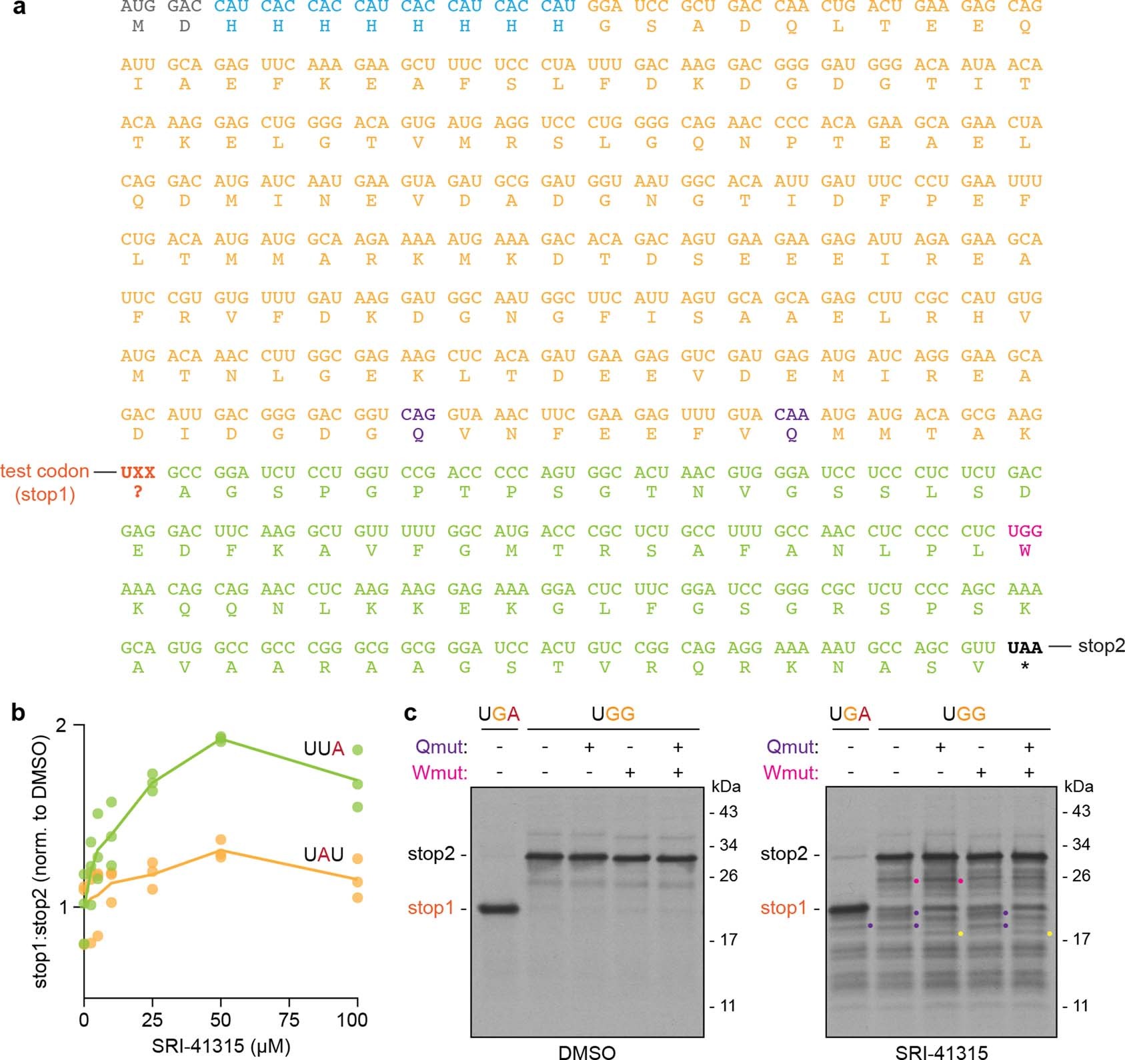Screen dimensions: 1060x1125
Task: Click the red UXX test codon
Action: click(137, 473)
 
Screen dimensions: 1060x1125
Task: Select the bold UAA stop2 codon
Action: click(1024, 647)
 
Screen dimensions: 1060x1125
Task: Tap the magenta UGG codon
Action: click(1024, 531)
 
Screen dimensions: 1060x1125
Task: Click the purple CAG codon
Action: click(417, 415)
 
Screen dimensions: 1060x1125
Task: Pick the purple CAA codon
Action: click(791, 415)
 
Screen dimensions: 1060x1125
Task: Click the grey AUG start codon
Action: click(137, 7)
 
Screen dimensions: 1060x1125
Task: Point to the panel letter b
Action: click(17, 713)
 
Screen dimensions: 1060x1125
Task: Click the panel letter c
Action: click(411, 713)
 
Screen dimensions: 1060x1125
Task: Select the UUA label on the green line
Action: click(323, 749)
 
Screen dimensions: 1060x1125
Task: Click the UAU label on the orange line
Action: click(323, 854)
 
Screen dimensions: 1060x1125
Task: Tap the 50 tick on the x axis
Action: click(221, 1020)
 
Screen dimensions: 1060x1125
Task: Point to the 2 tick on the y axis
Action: click(62, 725)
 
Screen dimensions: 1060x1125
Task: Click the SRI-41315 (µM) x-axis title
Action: click(221, 1045)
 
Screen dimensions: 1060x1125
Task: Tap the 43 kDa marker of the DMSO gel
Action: click(728, 811)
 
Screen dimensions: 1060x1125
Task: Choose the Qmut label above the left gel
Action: click(441, 747)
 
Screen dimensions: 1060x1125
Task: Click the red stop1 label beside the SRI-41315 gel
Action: click(783, 907)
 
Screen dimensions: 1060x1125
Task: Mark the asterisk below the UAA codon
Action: click(1024, 666)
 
